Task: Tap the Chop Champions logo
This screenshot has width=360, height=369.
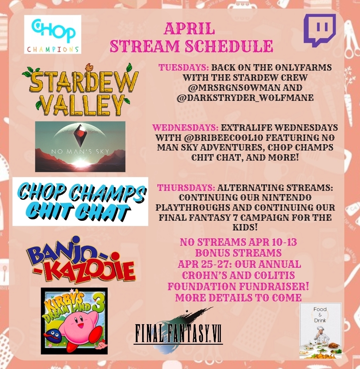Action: tap(53, 34)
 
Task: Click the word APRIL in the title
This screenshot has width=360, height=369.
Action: tap(190, 28)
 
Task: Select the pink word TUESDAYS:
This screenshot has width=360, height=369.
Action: tap(184, 67)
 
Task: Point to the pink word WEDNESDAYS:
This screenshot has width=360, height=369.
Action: tap(185, 128)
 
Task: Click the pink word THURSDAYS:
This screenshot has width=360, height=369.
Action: tap(186, 188)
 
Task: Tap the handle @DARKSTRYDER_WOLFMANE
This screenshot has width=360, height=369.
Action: tap(245, 97)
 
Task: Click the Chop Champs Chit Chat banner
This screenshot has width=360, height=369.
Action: tap(80, 201)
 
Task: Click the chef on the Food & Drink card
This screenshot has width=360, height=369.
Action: tap(320, 336)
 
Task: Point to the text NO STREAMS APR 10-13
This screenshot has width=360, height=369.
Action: tap(238, 242)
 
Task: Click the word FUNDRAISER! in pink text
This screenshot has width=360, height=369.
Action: tap(274, 286)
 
